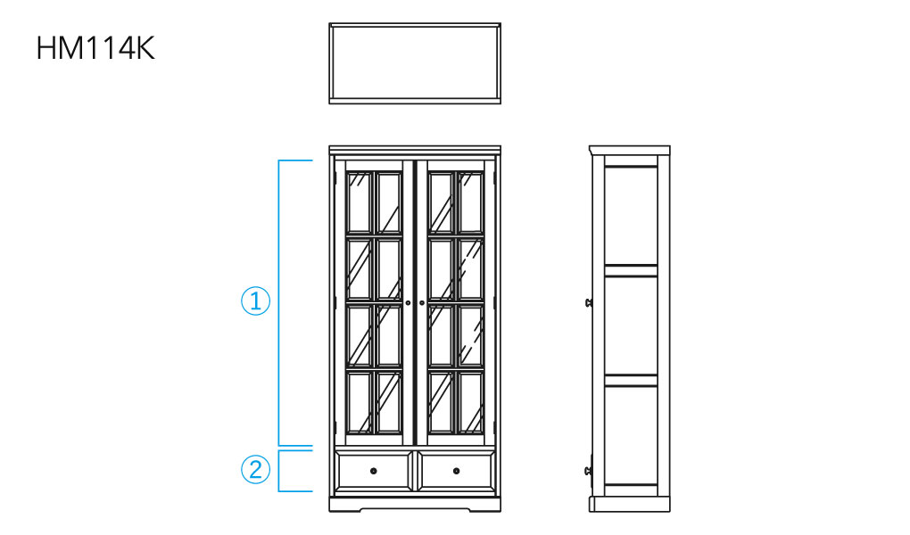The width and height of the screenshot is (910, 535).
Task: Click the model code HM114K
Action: click(x=95, y=49)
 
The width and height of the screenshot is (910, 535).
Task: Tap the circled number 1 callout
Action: click(x=256, y=301)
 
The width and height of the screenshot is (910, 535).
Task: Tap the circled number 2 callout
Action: click(x=256, y=469)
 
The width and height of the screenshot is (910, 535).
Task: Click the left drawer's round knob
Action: click(x=373, y=470)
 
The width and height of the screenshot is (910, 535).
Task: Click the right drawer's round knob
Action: click(x=456, y=470)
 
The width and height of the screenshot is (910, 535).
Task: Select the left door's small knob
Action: click(x=408, y=303)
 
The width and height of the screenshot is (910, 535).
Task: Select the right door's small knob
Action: click(x=421, y=303)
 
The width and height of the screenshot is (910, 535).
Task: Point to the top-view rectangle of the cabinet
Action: click(x=415, y=63)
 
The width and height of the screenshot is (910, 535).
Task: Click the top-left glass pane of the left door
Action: click(x=359, y=202)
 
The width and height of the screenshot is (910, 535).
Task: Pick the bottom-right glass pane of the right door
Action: click(x=470, y=403)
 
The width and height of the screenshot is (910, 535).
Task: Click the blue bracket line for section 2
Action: click(x=279, y=471)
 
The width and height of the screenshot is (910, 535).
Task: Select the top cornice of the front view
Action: click(x=415, y=148)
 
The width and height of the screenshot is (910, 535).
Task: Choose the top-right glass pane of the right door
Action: click(x=470, y=202)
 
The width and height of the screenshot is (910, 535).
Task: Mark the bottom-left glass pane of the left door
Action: click(x=359, y=403)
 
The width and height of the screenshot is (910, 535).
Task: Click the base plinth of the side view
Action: click(x=629, y=503)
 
